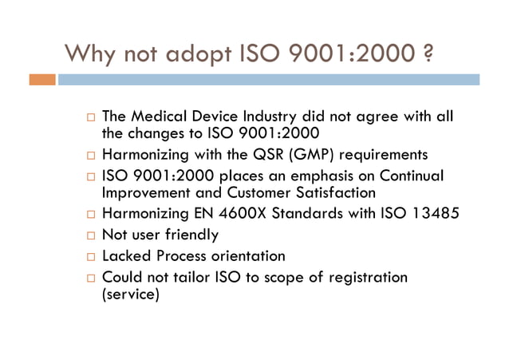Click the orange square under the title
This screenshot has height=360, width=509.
click(x=42, y=80)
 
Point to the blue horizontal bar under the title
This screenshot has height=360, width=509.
click(x=268, y=80)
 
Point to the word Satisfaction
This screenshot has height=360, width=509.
click(x=328, y=192)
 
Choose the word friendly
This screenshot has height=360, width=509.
click(x=189, y=235)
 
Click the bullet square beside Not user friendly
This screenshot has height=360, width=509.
click(x=91, y=235)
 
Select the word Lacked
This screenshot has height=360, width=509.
click(x=128, y=256)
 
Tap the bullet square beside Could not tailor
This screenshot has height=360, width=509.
click(x=91, y=278)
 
